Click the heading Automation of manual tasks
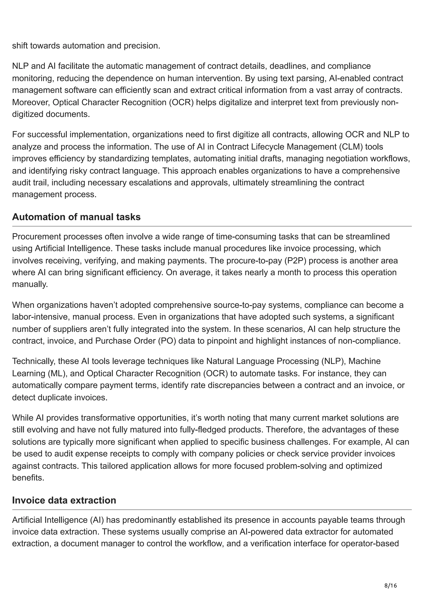[76, 217]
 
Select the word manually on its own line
[30, 284]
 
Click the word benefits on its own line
[28, 478]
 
